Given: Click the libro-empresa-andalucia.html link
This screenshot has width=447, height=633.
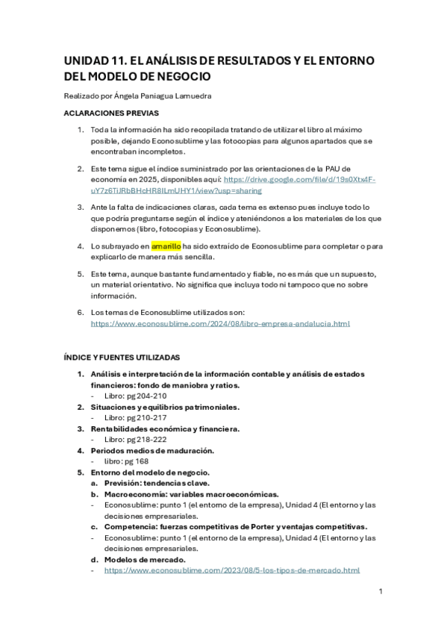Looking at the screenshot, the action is pyautogui.click(x=220, y=324).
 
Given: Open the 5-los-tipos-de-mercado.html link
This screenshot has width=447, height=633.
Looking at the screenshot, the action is pyautogui.click(x=232, y=570).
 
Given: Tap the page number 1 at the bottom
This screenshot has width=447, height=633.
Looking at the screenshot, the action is pyautogui.click(x=381, y=591).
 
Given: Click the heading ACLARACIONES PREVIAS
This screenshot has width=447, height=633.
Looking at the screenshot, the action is pyautogui.click(x=110, y=113).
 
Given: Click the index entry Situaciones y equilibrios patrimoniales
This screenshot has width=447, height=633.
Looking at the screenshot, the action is pyautogui.click(x=165, y=407).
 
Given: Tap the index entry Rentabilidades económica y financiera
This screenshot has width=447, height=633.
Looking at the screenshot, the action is pyautogui.click(x=165, y=428).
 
